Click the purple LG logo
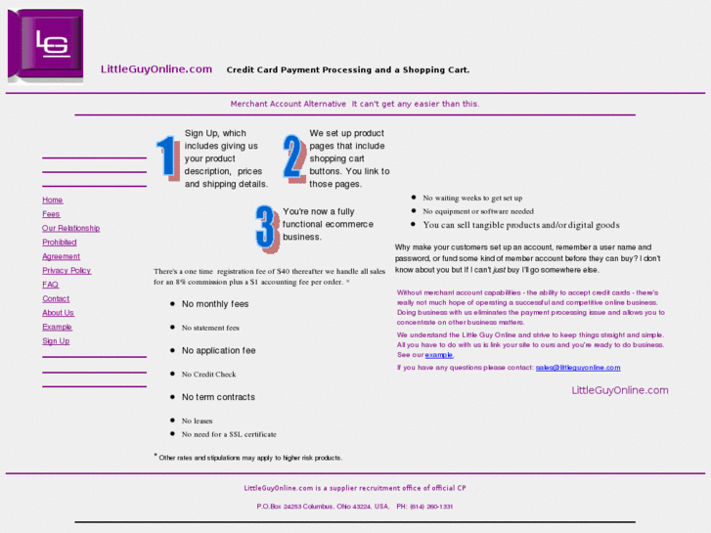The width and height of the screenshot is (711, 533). [x=46, y=45]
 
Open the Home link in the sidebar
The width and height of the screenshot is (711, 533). [x=53, y=200]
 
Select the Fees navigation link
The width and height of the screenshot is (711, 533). [x=51, y=214]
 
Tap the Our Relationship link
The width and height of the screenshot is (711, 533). [x=70, y=228]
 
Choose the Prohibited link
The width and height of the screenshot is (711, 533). [x=59, y=243]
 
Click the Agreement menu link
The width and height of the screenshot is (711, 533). [x=61, y=256]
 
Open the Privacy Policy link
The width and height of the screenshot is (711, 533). [x=67, y=270]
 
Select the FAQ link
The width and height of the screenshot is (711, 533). [x=50, y=285]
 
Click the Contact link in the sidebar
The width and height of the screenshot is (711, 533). [x=56, y=298]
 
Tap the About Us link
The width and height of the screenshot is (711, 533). [x=58, y=313]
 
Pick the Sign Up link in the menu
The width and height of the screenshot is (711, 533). [x=56, y=341]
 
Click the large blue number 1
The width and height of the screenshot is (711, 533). [x=167, y=158]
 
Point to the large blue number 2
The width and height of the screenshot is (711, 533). [x=294, y=158]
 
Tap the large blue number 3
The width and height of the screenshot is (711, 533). [x=267, y=229]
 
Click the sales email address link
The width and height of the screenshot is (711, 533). [x=578, y=368]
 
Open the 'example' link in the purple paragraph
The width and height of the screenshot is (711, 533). [x=439, y=355]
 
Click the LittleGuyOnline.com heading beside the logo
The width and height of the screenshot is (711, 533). [x=156, y=69]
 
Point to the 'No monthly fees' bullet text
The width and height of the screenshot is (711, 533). [x=215, y=304]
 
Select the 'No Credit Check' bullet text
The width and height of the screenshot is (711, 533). [x=209, y=375]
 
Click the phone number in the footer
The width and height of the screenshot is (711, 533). [x=431, y=507]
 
